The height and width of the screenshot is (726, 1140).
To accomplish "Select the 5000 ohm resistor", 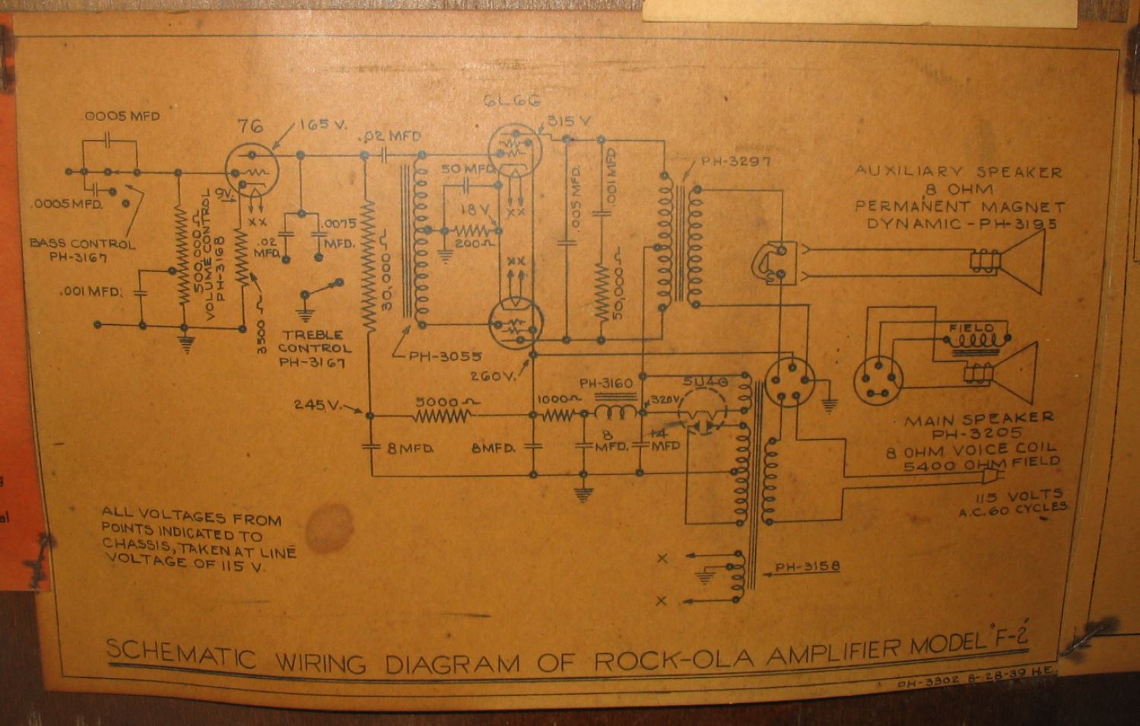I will [x=442, y=416].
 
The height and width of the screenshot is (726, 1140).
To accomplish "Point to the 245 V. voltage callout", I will [x=317, y=404].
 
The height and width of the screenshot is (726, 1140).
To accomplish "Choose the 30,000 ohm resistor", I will [x=370, y=266].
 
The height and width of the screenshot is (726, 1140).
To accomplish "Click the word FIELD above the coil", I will [x=971, y=329].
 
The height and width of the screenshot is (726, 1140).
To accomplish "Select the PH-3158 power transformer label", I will [x=807, y=568].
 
